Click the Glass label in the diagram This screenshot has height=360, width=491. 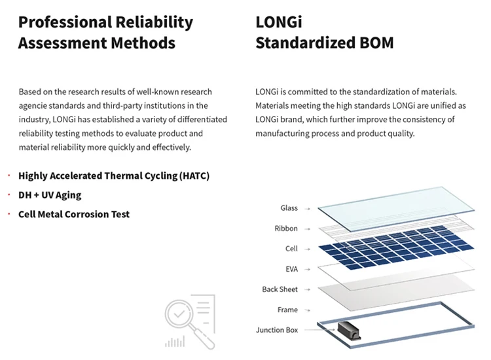click(289, 208)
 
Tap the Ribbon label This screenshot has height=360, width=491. click(286, 228)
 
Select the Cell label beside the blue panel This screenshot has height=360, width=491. click(291, 249)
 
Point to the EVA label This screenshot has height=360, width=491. click(291, 269)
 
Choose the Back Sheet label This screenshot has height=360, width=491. click(280, 289)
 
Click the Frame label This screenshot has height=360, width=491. click(287, 310)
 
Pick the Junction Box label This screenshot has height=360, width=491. click(276, 330)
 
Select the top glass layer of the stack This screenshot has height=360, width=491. click(396, 207)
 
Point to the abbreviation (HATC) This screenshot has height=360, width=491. click(189, 176)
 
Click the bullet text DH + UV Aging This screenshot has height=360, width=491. click(50, 195)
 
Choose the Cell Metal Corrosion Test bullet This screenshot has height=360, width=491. click(74, 214)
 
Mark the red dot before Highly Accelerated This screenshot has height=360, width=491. click(9, 176)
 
